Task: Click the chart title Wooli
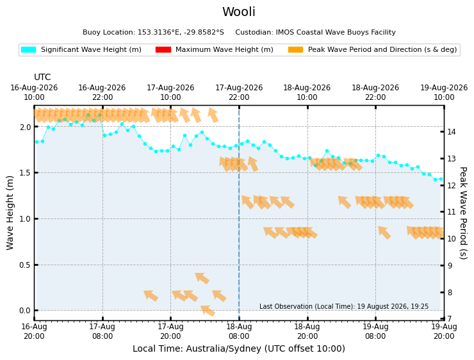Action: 239,12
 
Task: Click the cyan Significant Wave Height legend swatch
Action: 28,49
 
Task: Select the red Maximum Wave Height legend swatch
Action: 163,49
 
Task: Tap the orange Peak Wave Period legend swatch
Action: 296,49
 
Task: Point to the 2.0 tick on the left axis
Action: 26,127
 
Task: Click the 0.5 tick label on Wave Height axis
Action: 26,265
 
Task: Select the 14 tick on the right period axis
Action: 452,132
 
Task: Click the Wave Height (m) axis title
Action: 10,213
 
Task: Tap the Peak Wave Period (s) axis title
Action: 463,213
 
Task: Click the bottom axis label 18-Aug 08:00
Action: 239,331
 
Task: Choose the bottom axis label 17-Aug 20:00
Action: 170,331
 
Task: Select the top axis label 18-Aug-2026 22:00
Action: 375,92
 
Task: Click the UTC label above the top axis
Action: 42,77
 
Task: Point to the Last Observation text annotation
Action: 344,306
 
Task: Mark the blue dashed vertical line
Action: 239,213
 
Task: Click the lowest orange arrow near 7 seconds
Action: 208,311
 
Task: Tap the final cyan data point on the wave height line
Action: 441,179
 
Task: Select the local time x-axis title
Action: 239,348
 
